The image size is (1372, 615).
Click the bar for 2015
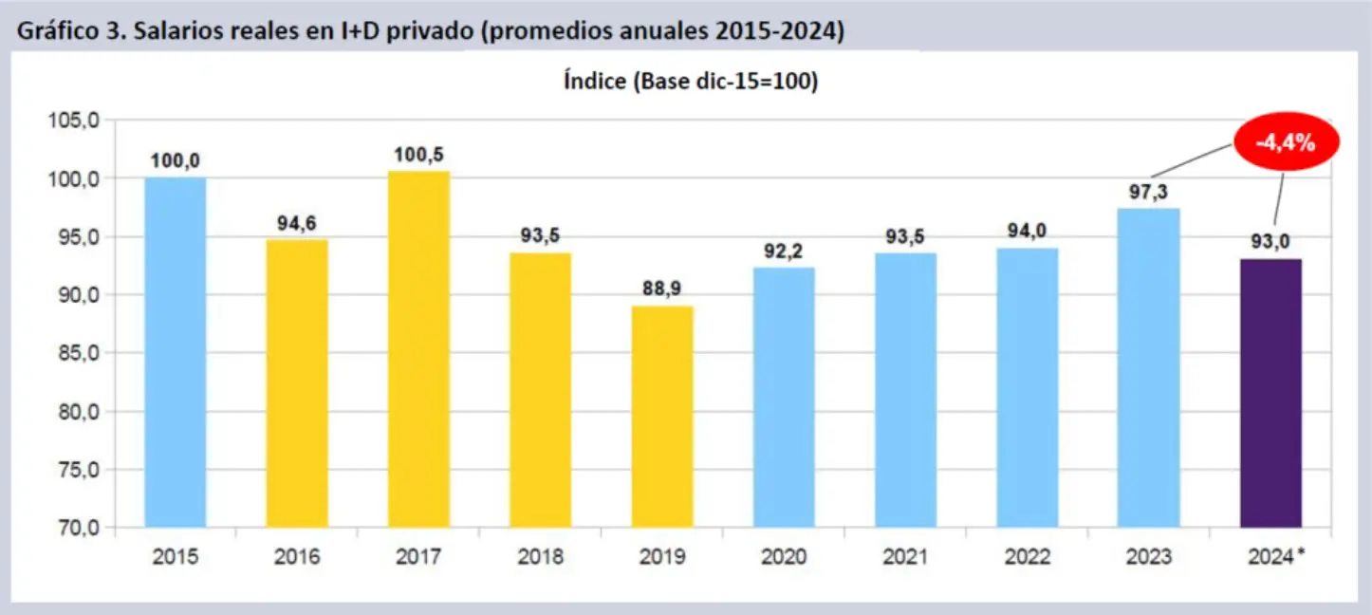(175, 352)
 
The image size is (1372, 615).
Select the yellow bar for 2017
(418, 349)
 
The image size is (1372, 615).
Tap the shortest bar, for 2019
(662, 417)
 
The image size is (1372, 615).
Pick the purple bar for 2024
(1270, 393)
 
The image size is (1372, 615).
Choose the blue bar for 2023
(1149, 367)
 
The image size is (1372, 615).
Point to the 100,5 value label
(418, 155)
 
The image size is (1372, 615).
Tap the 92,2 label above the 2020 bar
(784, 252)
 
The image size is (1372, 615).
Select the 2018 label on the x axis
(540, 557)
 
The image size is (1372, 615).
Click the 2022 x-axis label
(1027, 557)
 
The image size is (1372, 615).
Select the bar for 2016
(297, 383)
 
